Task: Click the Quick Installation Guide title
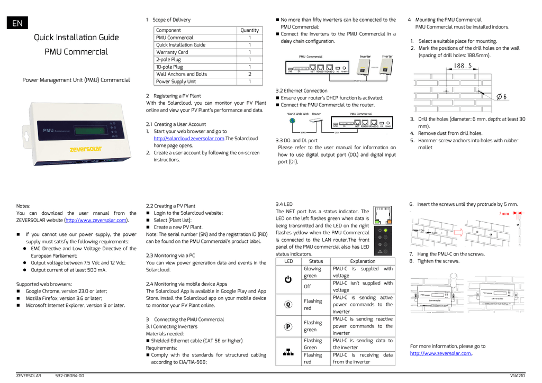coord(76,38)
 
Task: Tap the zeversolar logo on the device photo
coord(85,149)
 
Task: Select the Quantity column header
coord(249,30)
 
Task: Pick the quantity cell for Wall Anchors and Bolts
coord(249,75)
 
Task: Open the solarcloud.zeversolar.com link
coord(189,139)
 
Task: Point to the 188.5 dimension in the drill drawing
coord(462,67)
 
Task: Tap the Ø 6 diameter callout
coord(501,97)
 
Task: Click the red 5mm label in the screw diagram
coord(504,214)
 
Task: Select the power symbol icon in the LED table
coord(288,279)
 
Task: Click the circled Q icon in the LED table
coord(288,305)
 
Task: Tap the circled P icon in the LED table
coord(288,326)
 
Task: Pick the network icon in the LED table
coord(288,351)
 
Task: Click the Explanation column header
coord(363,261)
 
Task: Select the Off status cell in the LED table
coord(308,287)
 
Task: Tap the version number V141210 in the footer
coord(517,376)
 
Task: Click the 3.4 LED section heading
coord(284,204)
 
